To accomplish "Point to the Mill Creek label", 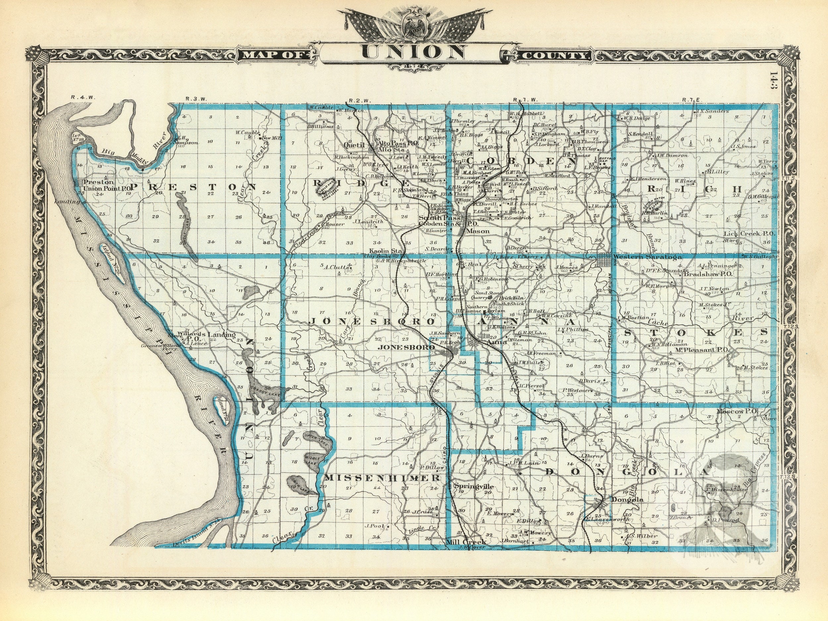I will point(466,542).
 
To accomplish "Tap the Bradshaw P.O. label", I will point(707,274).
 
